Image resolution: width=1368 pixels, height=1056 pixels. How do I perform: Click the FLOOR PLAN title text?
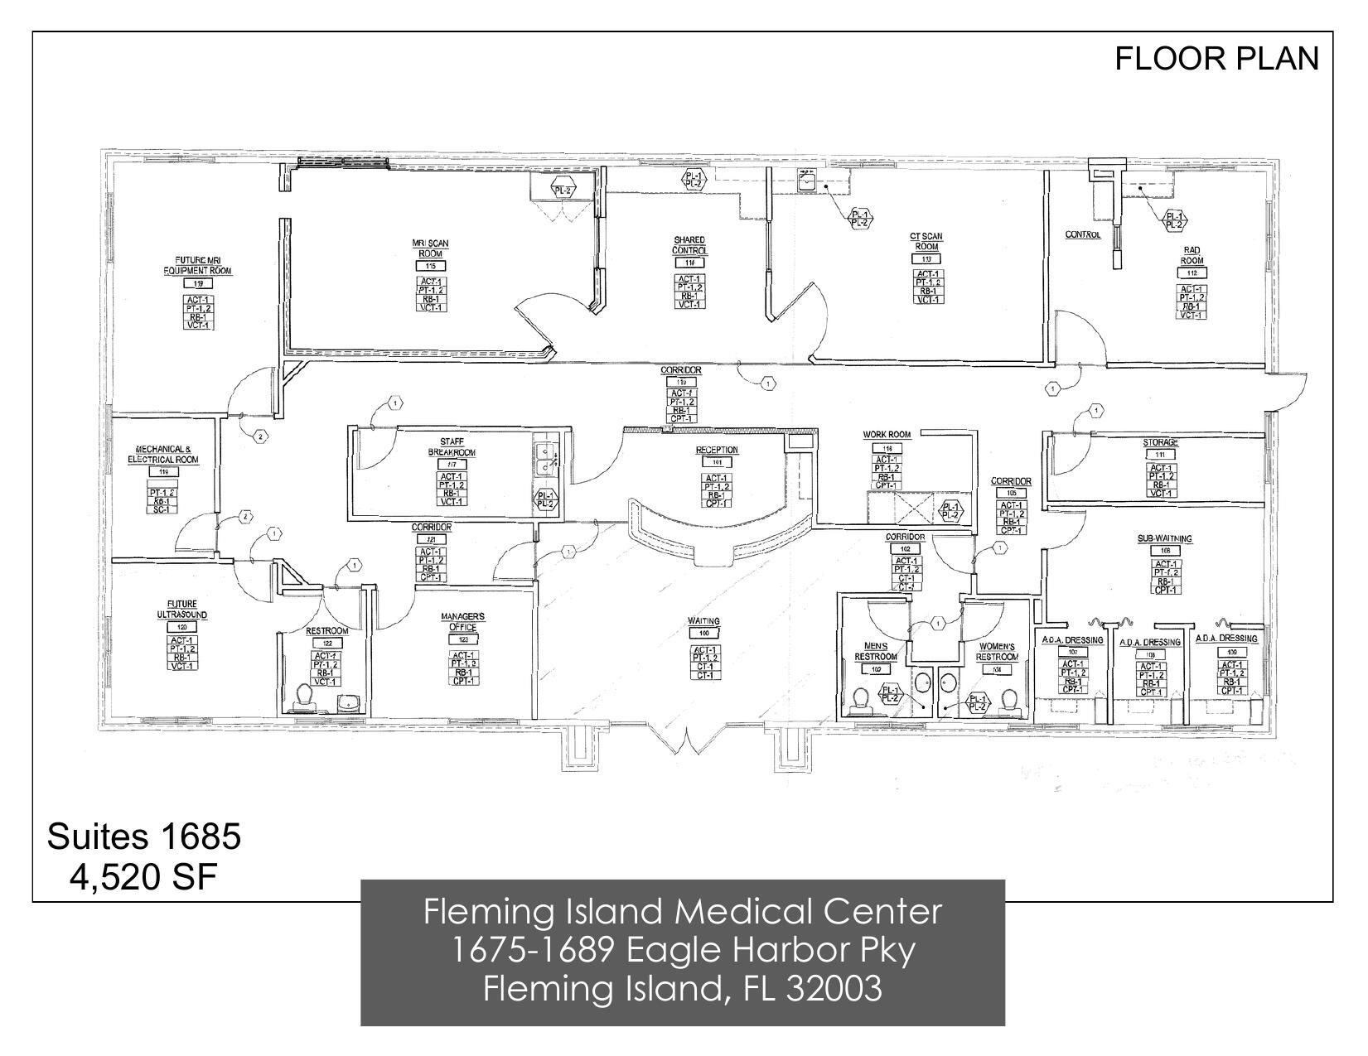[x=1216, y=58]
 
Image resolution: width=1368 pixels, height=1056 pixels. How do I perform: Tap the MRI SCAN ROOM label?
[x=430, y=248]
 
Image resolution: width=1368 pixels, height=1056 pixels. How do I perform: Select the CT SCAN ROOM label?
[x=927, y=242]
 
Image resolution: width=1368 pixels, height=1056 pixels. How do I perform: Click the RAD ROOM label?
[x=1192, y=255]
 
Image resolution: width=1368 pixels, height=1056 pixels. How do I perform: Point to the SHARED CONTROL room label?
[x=689, y=245]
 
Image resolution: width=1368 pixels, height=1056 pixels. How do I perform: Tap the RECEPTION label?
[x=716, y=450]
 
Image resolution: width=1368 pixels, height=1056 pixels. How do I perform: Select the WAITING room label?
[x=703, y=620]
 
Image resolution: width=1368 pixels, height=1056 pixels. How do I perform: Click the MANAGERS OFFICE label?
[x=462, y=621]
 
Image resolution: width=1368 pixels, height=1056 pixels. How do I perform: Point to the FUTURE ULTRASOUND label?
[x=181, y=610]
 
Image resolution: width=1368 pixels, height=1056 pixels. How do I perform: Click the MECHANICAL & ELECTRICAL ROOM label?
[x=162, y=454]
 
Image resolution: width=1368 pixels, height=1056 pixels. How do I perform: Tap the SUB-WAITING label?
[x=1164, y=538]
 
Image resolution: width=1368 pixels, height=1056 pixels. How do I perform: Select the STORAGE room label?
[x=1160, y=442]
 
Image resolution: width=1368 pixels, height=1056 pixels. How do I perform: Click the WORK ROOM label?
[x=887, y=434]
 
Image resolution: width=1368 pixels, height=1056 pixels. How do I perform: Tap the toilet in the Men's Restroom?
[x=862, y=700]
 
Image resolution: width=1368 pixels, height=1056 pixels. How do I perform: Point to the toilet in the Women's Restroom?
[x=1008, y=700]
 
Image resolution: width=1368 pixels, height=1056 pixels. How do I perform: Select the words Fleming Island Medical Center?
[x=682, y=912]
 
